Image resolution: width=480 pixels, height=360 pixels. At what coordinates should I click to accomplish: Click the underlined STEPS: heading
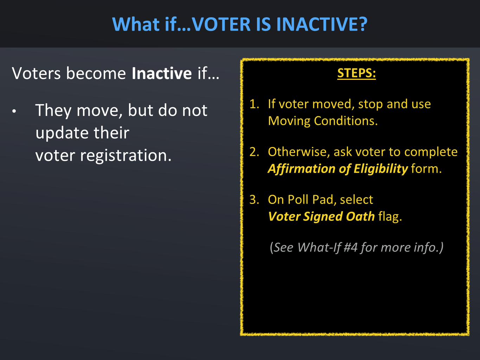tap(357, 73)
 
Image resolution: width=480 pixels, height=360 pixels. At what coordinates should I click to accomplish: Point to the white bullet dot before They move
tap(14, 111)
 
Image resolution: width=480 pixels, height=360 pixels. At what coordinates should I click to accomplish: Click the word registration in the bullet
tap(126, 156)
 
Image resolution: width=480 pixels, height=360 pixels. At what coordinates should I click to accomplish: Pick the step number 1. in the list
tap(254, 104)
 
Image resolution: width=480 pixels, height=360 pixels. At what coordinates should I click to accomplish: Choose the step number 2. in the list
tap(254, 152)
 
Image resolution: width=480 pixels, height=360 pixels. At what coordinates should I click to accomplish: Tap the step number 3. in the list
tap(254, 200)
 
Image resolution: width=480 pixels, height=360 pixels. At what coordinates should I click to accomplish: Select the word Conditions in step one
tap(346, 121)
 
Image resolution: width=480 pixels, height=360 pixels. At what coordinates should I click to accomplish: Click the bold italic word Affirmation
tap(301, 169)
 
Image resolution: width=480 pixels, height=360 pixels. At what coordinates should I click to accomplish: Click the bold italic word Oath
tap(360, 217)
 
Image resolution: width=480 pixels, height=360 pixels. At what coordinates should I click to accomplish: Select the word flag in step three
tap(390, 217)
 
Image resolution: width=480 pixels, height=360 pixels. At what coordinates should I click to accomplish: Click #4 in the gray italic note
tap(351, 247)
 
